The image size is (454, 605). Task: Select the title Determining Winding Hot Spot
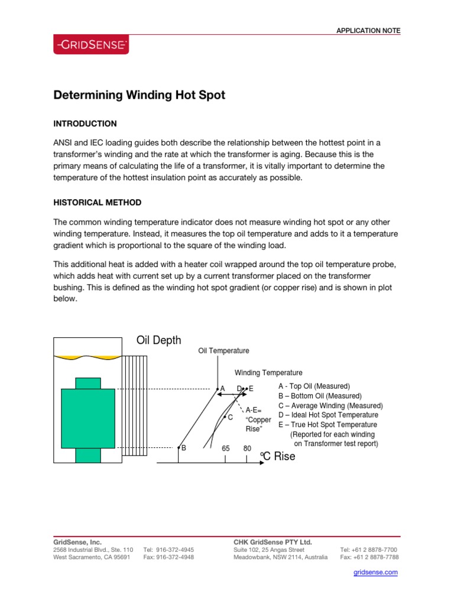[x=140, y=95]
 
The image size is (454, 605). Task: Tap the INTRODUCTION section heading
[x=85, y=123]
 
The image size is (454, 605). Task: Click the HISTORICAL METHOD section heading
[x=98, y=203]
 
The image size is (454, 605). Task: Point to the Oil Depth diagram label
[x=159, y=340]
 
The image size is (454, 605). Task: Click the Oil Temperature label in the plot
[x=223, y=351]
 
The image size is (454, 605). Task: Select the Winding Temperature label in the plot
[x=268, y=373]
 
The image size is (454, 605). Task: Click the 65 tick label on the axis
[x=226, y=448]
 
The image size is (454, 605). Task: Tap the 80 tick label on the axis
[x=247, y=448]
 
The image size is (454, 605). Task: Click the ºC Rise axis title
[x=277, y=457]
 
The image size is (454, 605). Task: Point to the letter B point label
[x=184, y=448]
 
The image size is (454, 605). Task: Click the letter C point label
[x=230, y=417]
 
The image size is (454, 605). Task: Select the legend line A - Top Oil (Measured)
[x=314, y=386]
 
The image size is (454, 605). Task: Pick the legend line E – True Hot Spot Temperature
[x=327, y=424]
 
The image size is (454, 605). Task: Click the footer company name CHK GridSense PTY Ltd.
[x=273, y=542]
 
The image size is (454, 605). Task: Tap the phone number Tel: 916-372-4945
[x=168, y=549]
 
